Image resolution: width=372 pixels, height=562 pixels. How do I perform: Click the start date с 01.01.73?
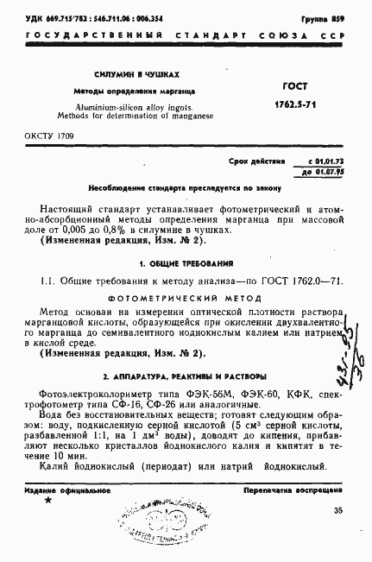[x=325, y=161]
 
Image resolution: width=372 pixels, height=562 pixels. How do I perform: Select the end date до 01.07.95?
[x=325, y=172]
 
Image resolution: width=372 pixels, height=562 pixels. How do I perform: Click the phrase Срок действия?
[x=255, y=161]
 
